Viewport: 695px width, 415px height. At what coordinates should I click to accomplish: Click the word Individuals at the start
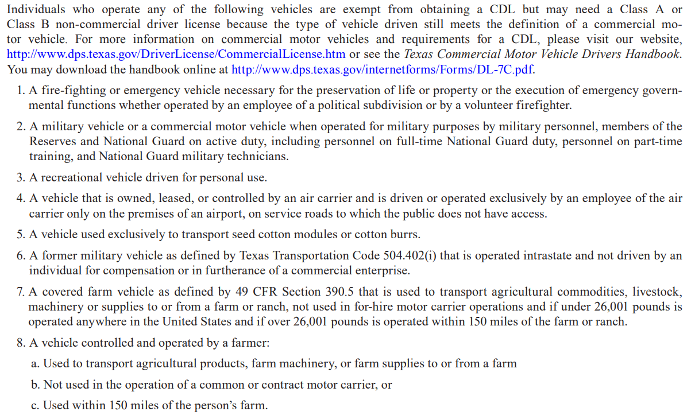pos(36,10)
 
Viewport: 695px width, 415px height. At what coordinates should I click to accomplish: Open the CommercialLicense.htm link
pos(176,55)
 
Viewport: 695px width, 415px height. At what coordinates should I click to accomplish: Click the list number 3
pos(20,177)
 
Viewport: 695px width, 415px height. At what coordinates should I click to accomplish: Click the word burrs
pos(406,235)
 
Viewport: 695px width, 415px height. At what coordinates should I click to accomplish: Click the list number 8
pos(20,343)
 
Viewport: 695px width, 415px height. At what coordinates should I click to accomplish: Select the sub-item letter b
pos(36,385)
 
